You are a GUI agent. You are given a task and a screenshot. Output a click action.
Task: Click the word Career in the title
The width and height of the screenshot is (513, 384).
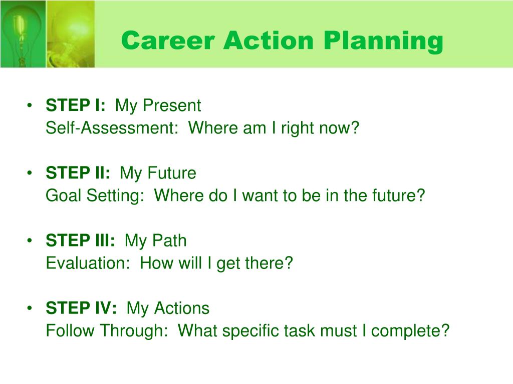(x=168, y=40)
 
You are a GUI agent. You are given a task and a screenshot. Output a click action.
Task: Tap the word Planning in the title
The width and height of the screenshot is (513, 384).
(x=383, y=41)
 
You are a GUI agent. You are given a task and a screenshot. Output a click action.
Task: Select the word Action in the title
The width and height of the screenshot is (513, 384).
(x=269, y=40)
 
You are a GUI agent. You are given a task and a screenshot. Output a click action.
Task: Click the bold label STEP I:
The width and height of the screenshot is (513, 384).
(x=76, y=105)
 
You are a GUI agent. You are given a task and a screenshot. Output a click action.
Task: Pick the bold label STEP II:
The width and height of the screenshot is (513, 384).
(x=78, y=172)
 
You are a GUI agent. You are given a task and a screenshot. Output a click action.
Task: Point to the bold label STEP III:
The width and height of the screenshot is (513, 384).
(x=81, y=240)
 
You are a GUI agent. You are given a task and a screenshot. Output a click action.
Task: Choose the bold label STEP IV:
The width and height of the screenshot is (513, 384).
(x=81, y=308)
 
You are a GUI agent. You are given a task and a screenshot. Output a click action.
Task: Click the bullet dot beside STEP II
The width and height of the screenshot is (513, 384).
(x=30, y=172)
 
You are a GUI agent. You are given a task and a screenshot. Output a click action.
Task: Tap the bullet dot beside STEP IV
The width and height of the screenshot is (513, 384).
(x=30, y=308)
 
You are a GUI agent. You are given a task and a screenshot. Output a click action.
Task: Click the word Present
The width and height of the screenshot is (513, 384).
(x=172, y=105)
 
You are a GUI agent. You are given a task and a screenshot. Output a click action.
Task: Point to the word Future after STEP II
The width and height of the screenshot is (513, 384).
(x=172, y=172)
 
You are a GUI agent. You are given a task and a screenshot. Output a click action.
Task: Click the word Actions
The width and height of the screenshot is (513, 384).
(x=182, y=308)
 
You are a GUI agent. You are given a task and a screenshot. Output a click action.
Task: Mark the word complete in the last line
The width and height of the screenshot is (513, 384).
(x=410, y=331)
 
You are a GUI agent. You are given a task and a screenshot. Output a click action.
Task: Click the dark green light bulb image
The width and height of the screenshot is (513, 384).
(x=23, y=34)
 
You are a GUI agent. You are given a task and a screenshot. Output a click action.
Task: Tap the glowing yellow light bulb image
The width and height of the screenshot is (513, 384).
(x=71, y=34)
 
